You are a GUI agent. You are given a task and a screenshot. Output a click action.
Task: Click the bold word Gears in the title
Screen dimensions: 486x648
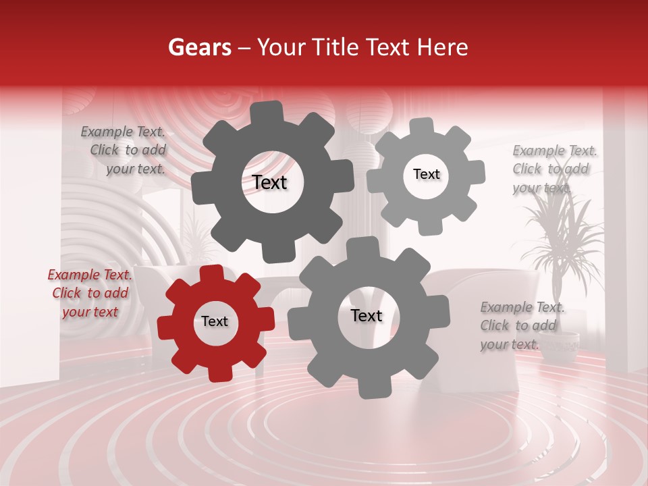click(x=199, y=47)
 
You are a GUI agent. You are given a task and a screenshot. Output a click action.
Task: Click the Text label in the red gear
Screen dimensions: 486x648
click(x=215, y=322)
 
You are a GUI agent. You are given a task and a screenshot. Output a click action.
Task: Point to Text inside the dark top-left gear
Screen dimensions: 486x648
click(x=269, y=182)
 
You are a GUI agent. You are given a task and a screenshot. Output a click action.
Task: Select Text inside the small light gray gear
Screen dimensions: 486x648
click(x=426, y=174)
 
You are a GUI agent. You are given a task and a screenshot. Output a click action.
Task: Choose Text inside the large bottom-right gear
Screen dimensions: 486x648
click(x=367, y=316)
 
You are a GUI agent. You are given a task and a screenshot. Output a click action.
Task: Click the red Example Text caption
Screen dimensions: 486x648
click(x=90, y=293)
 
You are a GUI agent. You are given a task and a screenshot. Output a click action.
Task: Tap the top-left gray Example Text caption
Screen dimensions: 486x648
click(x=124, y=151)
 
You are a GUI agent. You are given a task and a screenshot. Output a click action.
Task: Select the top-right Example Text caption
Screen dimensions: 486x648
click(x=553, y=169)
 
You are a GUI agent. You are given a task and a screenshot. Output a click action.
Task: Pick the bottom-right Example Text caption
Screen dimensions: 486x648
click(x=521, y=325)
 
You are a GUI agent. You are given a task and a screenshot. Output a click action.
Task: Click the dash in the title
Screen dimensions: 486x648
click(x=244, y=47)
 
